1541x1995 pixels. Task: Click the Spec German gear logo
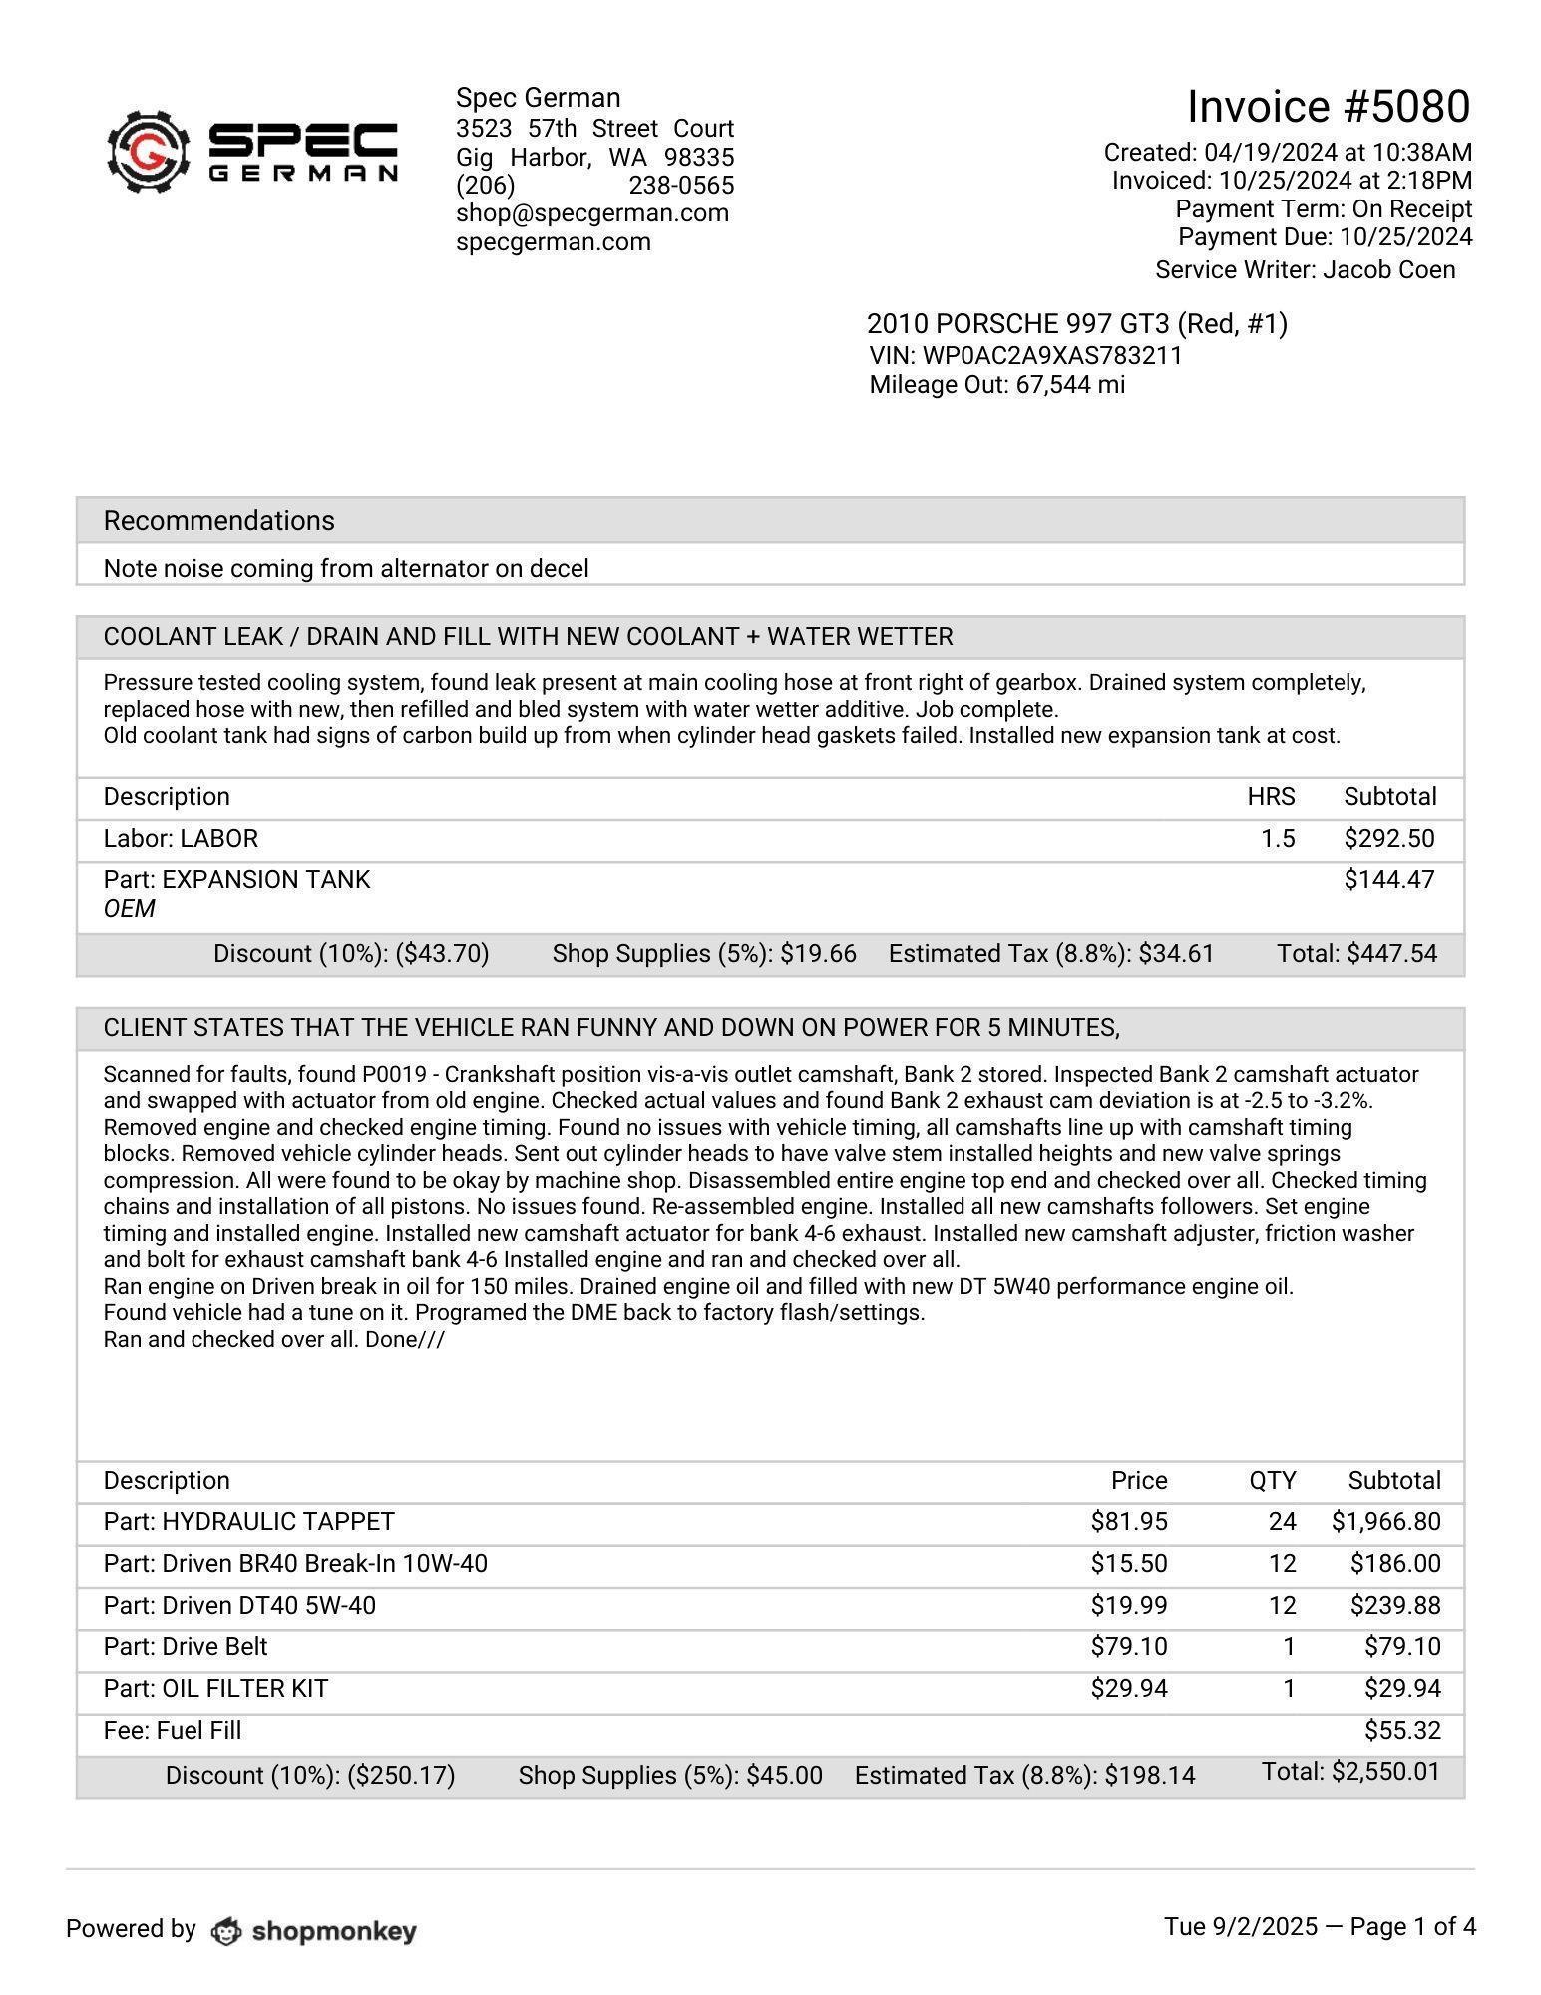(x=149, y=152)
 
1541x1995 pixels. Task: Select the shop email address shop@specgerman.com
(x=591, y=213)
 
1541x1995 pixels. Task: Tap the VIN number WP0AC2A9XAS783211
(x=1051, y=356)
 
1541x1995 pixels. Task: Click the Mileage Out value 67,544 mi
(x=1070, y=385)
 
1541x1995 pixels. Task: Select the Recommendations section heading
(x=218, y=521)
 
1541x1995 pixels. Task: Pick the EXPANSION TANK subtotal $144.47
(x=1388, y=880)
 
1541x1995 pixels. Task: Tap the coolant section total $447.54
(x=1391, y=954)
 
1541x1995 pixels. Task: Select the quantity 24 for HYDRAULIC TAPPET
(x=1282, y=1522)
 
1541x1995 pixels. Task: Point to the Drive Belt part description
(x=186, y=1647)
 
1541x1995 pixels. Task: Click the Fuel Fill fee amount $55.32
(x=1401, y=1731)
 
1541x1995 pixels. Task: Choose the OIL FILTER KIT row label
(x=215, y=1689)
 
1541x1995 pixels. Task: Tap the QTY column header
(x=1272, y=1481)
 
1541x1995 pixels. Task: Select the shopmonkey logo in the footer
(x=314, y=1932)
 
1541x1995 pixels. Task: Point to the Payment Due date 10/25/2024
(x=1405, y=237)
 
